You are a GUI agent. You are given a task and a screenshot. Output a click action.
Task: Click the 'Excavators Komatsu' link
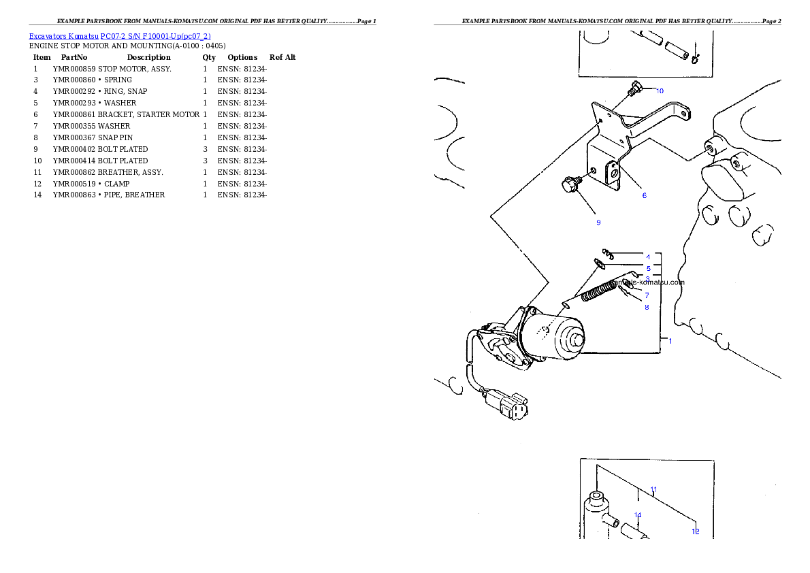pos(63,36)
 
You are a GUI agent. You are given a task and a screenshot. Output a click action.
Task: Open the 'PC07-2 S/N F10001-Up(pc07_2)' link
pos(155,36)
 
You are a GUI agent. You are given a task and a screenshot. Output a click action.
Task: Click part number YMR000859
pos(74,69)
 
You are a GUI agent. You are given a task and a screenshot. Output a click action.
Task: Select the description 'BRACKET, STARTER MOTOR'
pos(149,115)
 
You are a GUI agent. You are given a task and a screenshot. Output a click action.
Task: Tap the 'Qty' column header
pos(209,57)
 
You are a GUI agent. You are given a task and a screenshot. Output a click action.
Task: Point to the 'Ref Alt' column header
pos(282,57)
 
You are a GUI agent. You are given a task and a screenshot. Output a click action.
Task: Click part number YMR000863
pos(74,195)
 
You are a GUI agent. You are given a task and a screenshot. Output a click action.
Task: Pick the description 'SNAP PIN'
pos(115,138)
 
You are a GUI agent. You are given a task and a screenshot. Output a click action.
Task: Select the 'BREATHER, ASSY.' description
pos(130,173)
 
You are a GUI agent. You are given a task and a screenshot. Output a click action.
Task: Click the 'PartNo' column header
pos(74,57)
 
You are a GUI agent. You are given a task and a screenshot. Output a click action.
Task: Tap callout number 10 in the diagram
pos(660,91)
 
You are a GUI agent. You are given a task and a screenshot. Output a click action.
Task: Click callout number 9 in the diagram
pos(598,223)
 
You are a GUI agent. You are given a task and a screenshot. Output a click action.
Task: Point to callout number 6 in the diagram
pos(644,195)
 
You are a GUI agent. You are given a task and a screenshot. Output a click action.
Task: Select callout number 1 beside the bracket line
pos(670,341)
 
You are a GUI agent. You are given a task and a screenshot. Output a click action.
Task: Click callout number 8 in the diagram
pos(647,308)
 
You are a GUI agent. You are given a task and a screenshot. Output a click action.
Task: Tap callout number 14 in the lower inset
pos(638,515)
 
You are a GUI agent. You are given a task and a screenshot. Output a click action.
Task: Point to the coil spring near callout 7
pos(598,291)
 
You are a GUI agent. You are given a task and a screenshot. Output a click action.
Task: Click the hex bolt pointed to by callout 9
pos(571,184)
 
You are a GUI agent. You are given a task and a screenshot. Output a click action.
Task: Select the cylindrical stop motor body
pos(553,336)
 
